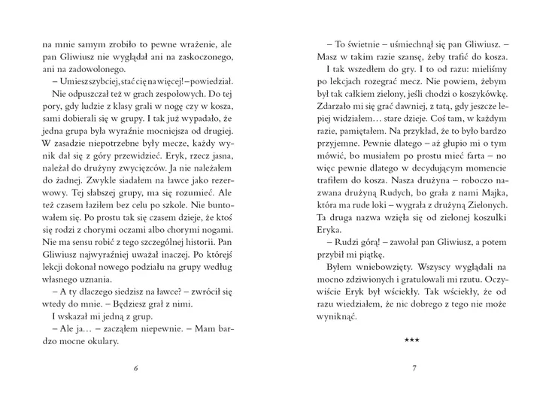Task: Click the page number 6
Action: click(x=135, y=367)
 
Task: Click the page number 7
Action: click(x=414, y=367)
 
